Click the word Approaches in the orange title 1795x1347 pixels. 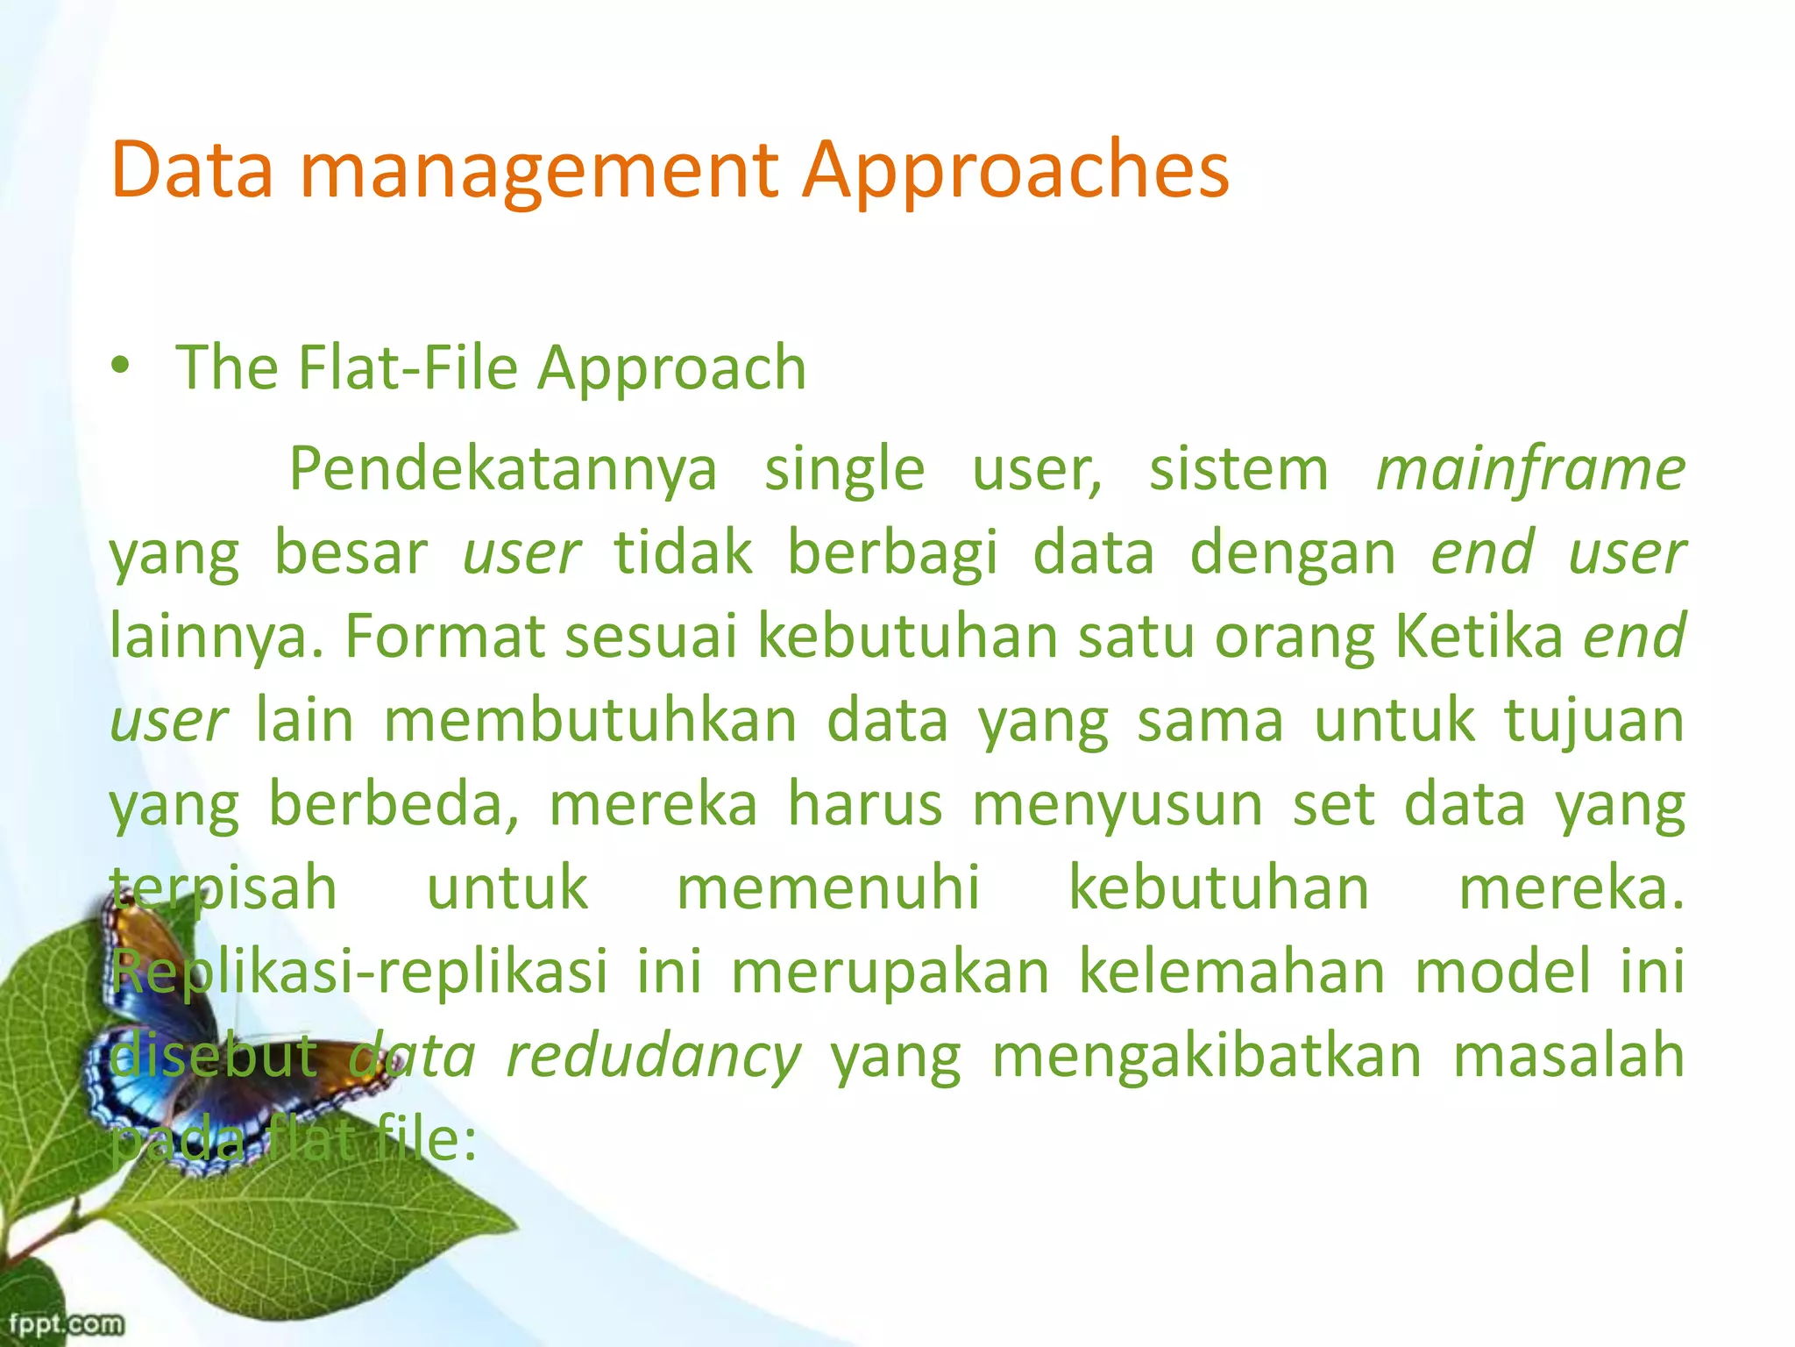tap(1017, 171)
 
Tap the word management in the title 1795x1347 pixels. tap(539, 171)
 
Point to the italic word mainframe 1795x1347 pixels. tap(1530, 469)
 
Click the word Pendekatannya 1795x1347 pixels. tap(503, 469)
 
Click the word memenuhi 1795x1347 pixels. tap(827, 887)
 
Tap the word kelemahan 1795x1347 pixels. tap(1231, 972)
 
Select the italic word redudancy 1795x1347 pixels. tap(654, 1056)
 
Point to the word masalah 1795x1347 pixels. tap(1569, 1056)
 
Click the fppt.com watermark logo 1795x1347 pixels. tap(66, 1323)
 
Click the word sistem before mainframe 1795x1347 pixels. tap(1238, 469)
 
